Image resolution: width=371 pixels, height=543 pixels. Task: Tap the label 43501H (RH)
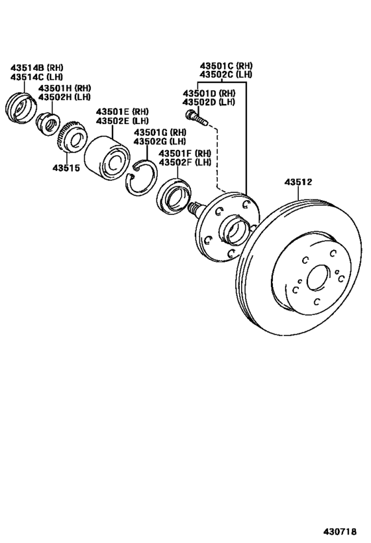pyautogui.click(x=64, y=88)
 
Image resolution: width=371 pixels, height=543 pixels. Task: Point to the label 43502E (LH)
pyautogui.click(x=123, y=121)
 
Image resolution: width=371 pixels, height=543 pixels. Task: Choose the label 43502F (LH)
pyautogui.click(x=184, y=162)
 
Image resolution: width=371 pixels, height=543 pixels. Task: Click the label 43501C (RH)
pyautogui.click(x=227, y=66)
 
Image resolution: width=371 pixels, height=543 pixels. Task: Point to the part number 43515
pyautogui.click(x=66, y=168)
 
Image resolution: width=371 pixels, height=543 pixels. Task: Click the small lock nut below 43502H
pyautogui.click(x=48, y=122)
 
